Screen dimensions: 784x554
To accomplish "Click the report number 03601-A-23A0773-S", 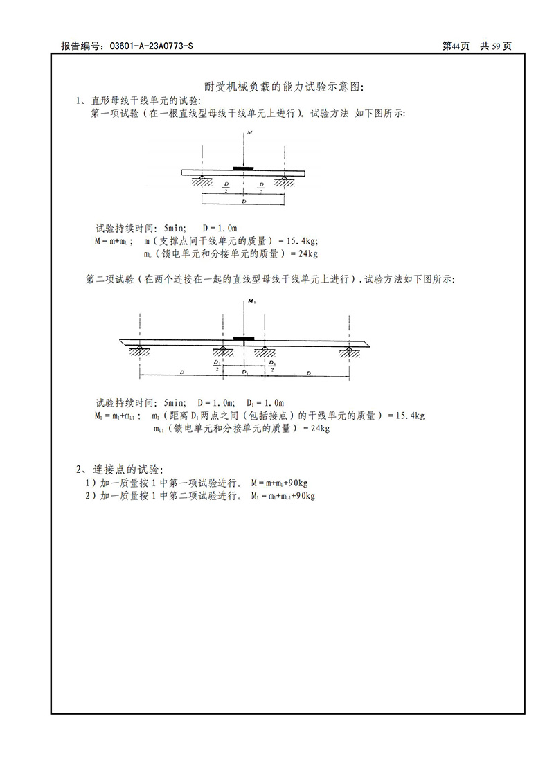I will point(147,46).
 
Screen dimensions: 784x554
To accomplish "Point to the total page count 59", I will point(492,46).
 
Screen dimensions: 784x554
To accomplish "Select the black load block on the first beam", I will point(243,168).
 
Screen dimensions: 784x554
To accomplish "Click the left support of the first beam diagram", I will point(202,181).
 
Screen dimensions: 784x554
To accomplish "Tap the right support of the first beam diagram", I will point(284,181).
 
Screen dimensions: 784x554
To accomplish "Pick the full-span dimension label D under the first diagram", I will point(242,201).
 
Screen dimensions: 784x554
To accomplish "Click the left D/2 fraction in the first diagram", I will point(226,186).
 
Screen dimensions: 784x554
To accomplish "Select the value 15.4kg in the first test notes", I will point(300,241).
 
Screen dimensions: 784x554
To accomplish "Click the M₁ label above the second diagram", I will point(250,303).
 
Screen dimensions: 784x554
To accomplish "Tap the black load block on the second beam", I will point(244,338).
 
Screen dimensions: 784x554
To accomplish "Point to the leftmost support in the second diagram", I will point(140,350).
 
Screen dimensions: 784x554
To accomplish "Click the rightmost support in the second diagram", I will point(348,350).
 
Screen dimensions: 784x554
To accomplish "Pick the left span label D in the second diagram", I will point(181,372).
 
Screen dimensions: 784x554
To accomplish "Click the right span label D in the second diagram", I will point(308,372).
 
